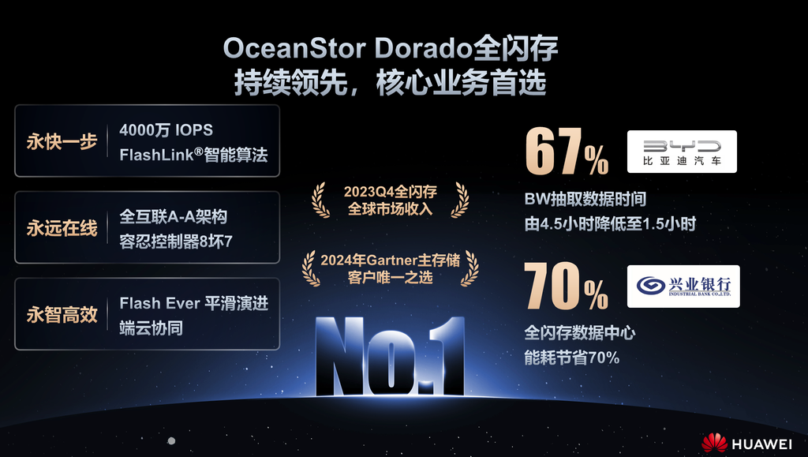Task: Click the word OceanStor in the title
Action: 295,49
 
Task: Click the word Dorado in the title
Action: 424,49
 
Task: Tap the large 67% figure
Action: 567,152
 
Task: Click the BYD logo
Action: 682,152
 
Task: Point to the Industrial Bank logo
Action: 683,287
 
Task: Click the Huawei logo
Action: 746,443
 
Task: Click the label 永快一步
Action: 62,141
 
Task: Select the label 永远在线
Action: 62,228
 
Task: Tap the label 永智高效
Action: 62,314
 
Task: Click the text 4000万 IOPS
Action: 166,129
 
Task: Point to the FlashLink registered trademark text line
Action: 194,155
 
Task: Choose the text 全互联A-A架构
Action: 173,216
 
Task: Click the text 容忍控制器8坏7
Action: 176,241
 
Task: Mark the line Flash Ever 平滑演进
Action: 194,303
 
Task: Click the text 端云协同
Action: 151,328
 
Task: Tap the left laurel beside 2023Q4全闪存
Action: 320,200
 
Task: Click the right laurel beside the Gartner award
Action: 469,268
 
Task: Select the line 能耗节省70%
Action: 571,357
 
